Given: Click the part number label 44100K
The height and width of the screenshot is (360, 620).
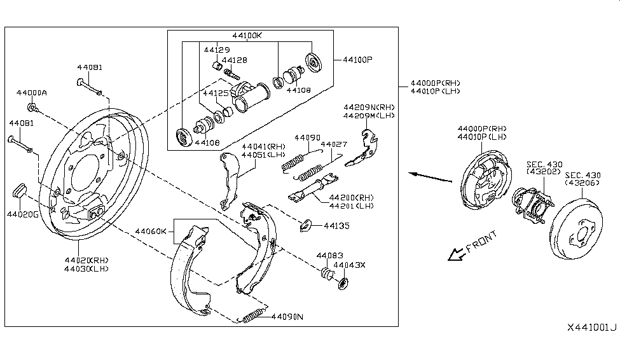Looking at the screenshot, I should click(x=246, y=36).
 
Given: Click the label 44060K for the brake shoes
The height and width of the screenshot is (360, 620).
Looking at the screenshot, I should click(x=151, y=232).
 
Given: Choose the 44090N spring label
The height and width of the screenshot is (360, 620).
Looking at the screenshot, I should click(x=287, y=317).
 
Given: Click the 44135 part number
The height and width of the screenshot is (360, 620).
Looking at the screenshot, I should click(x=336, y=225).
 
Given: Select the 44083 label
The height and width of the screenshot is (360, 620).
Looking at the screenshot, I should click(x=329, y=255).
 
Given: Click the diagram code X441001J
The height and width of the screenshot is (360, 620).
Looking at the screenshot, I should click(x=592, y=328).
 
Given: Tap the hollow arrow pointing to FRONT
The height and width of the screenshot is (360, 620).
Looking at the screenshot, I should click(x=455, y=254).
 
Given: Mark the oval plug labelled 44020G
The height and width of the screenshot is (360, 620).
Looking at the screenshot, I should click(x=19, y=189).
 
